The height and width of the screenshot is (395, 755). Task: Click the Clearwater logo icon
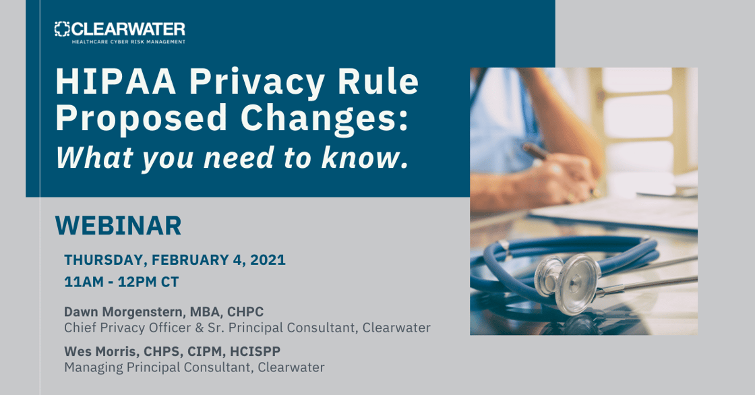(x=62, y=29)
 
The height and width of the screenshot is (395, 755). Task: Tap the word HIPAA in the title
(x=116, y=82)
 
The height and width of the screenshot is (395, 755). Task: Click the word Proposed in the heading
(x=141, y=119)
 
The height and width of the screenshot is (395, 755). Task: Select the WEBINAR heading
(x=119, y=225)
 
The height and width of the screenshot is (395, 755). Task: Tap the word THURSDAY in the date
(x=104, y=260)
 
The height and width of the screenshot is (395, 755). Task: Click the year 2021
(x=268, y=260)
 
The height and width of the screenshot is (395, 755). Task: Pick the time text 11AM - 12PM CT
(x=121, y=282)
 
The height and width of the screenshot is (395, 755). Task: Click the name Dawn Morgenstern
(x=123, y=312)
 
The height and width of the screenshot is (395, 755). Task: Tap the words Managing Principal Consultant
(x=158, y=367)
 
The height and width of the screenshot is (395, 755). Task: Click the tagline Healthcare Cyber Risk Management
(x=129, y=42)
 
